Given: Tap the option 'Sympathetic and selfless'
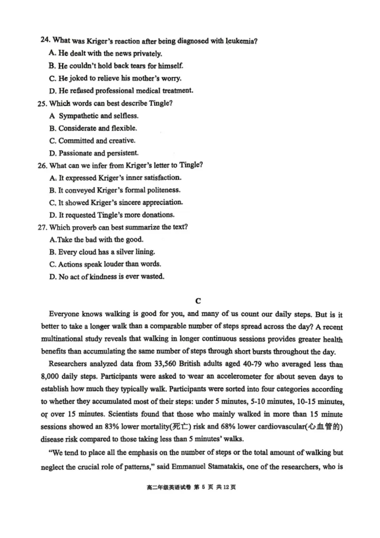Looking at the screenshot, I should click(98, 116).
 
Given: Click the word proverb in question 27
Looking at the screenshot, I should click(82, 227).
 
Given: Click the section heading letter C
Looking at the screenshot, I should click(199, 300).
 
